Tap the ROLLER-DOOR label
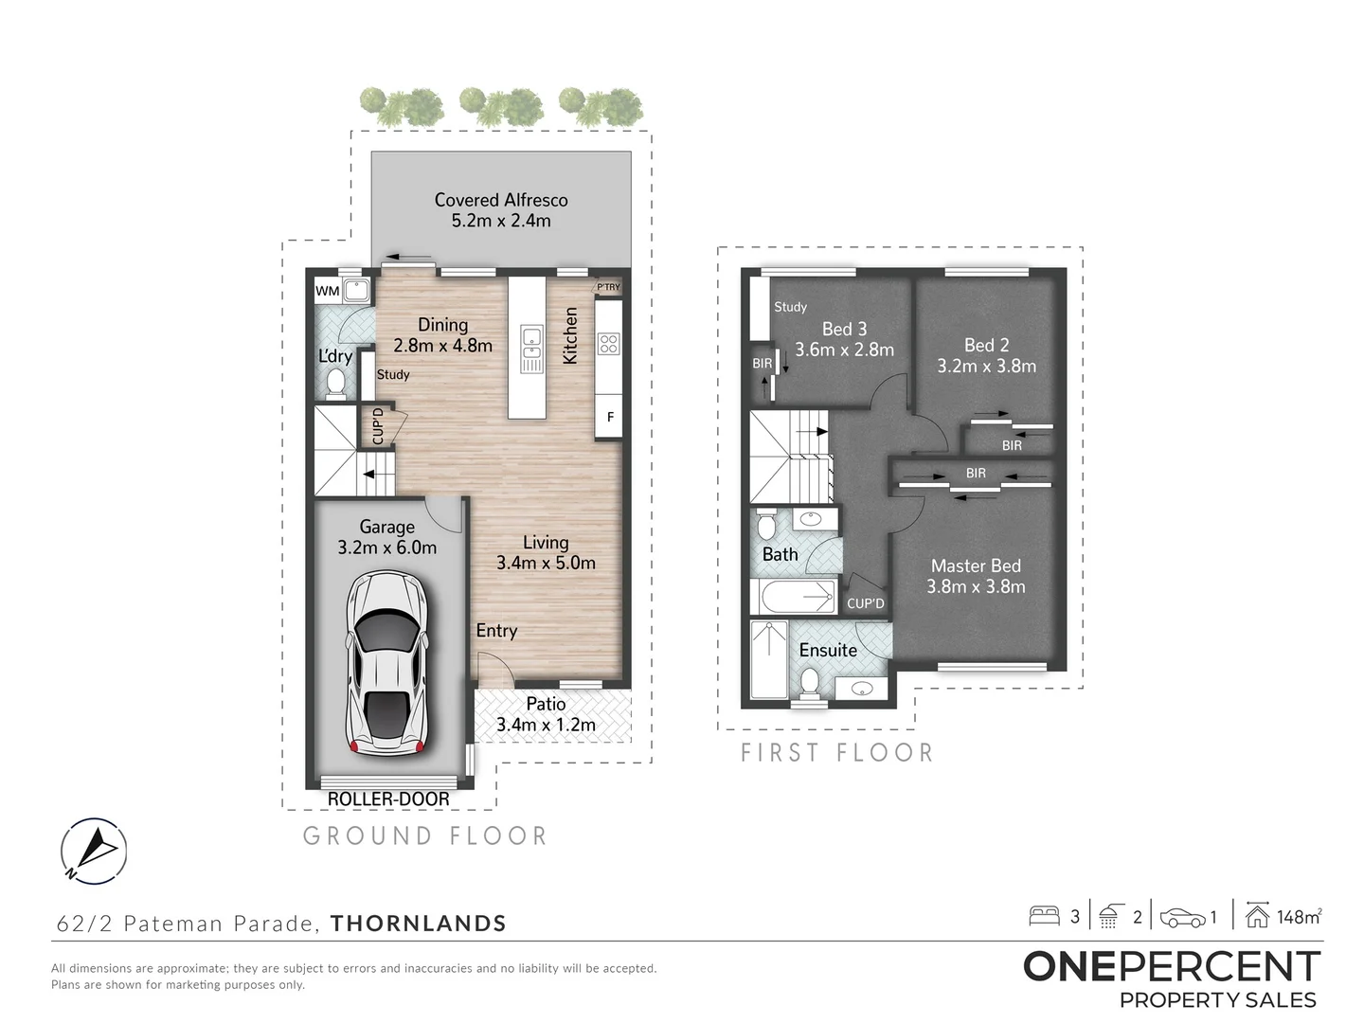[388, 799]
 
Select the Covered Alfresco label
[501, 200]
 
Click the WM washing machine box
[327, 291]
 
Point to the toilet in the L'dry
[335, 384]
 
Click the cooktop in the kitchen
[608, 344]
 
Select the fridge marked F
[610, 417]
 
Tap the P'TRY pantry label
[608, 287]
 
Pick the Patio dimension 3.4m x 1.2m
[546, 725]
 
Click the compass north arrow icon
[94, 851]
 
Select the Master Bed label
[976, 565]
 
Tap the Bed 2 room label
[986, 345]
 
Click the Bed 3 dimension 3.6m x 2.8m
[844, 350]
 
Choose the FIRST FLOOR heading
[837, 753]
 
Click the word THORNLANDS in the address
[418, 924]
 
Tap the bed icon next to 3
[1044, 916]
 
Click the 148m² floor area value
[1298, 916]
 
